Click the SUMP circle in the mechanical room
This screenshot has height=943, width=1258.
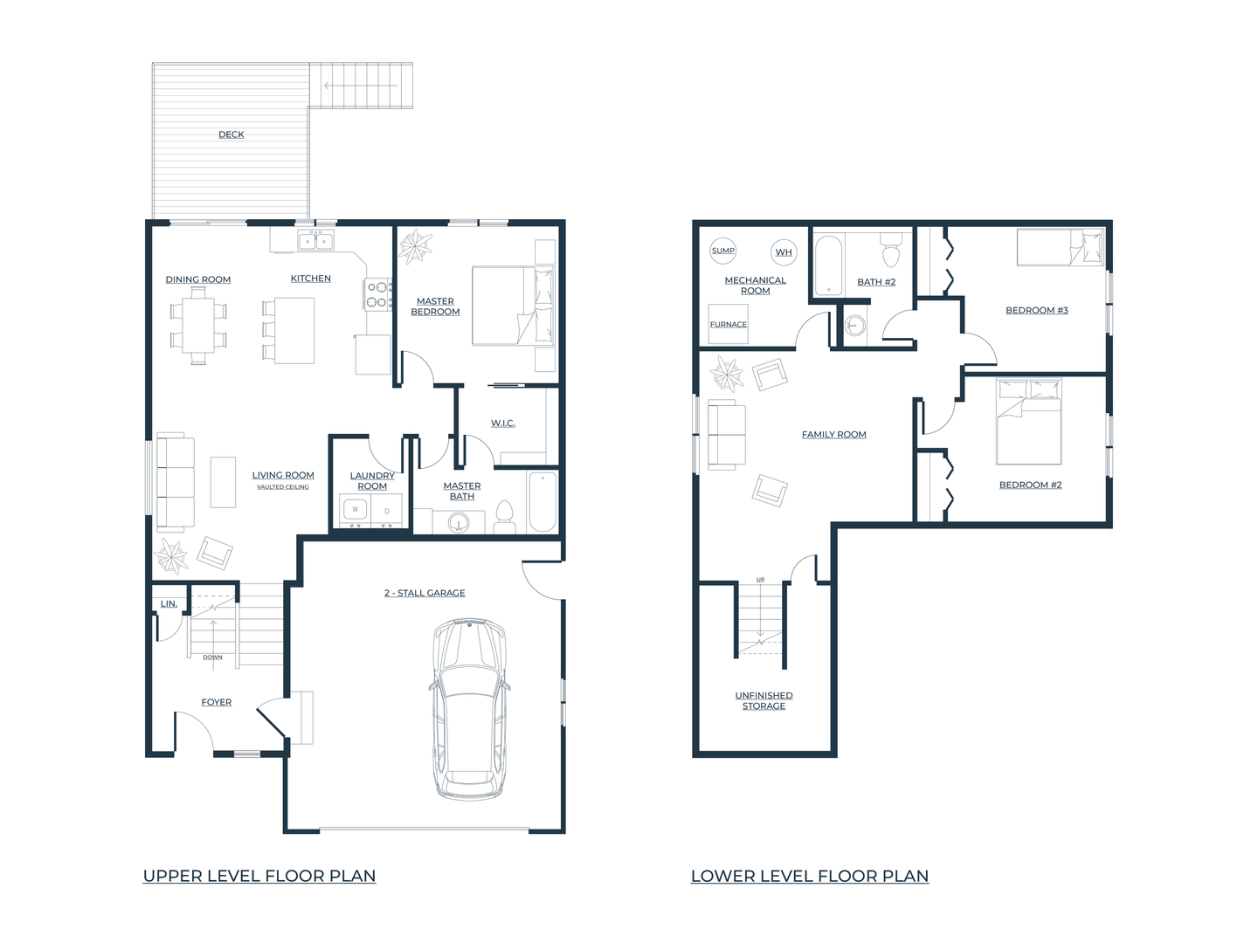pos(722,251)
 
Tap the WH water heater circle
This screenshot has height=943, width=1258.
pos(784,252)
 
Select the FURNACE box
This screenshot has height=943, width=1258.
pos(728,323)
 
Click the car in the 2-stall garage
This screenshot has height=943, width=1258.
pos(469,708)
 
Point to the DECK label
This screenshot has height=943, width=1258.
pos(231,134)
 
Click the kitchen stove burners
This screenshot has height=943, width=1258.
pos(378,293)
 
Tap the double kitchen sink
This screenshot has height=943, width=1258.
pos(315,240)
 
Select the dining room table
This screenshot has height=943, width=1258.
pos(198,326)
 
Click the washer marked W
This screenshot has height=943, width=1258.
pos(356,510)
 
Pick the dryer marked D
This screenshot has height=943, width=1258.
pos(386,510)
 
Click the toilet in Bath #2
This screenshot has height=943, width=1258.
pos(890,251)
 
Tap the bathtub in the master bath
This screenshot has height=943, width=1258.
pos(543,502)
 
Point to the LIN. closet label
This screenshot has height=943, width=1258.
pos(169,603)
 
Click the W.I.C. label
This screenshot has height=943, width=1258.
pos(502,423)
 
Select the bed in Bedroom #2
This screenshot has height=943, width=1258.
pos(1029,422)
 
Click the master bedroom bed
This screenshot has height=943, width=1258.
pos(514,306)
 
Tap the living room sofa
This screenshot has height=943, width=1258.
pos(176,483)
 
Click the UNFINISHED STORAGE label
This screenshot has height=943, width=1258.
pos(764,701)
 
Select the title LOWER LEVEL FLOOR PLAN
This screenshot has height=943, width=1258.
pos(810,876)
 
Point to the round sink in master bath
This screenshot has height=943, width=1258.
pos(459,522)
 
